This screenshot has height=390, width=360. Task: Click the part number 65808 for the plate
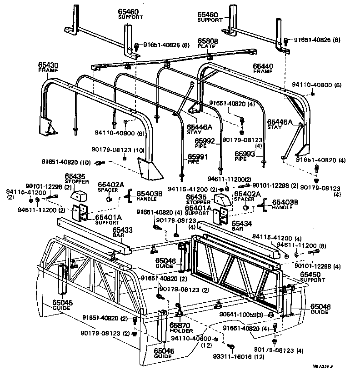(x=207, y=41)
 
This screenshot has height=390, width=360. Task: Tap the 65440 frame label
(x=262, y=66)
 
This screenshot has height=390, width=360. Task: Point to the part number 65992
(x=205, y=141)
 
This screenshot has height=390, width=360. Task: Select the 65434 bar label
(x=240, y=223)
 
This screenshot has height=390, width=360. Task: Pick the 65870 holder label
(x=179, y=325)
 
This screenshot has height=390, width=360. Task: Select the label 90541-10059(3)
(x=240, y=314)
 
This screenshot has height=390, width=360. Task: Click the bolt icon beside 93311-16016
(x=230, y=347)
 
